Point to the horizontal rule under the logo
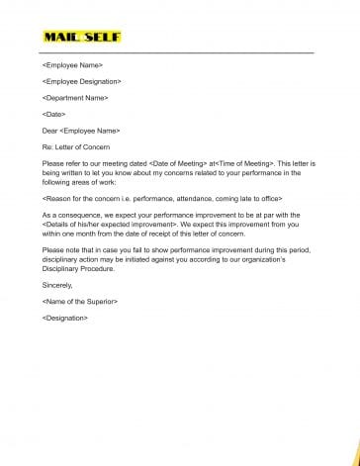coord(178,50)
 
